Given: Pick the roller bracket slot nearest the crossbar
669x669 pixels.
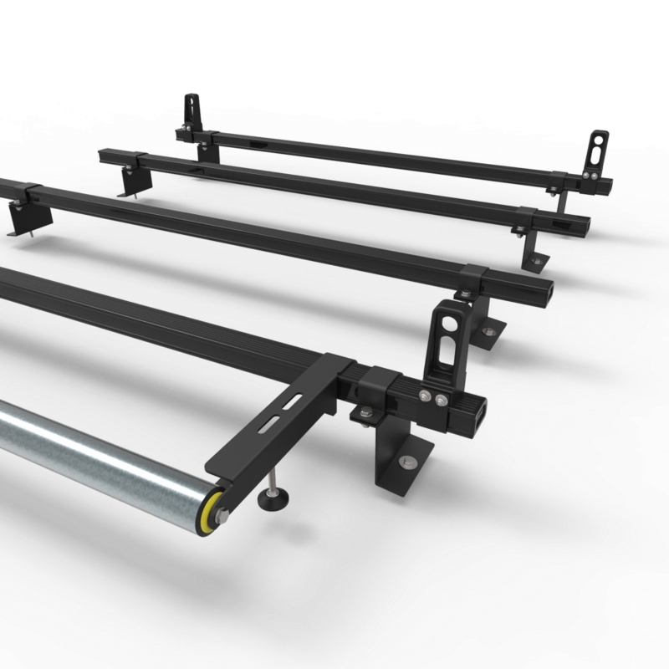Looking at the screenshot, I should point(293,404).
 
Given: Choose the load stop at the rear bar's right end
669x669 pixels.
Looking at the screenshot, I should point(599,151).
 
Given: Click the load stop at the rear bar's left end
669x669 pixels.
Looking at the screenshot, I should point(192,110).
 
